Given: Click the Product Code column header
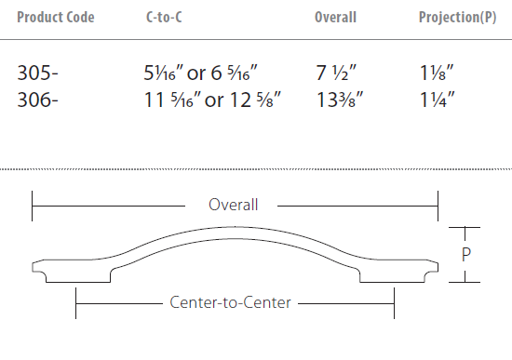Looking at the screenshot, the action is tap(56, 18).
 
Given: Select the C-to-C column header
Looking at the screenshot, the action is tap(164, 18).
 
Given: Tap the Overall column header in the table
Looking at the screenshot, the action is tap(335, 18).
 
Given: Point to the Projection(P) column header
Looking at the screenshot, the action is tap(457, 18).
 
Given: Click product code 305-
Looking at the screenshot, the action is tap(37, 73).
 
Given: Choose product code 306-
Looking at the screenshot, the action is tap(37, 100).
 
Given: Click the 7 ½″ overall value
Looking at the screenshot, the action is tap(336, 73).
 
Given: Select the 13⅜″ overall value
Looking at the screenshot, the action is tap(340, 100).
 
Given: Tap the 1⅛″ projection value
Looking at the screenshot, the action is tap(437, 73).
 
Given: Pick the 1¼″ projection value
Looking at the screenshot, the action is tap(438, 100).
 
